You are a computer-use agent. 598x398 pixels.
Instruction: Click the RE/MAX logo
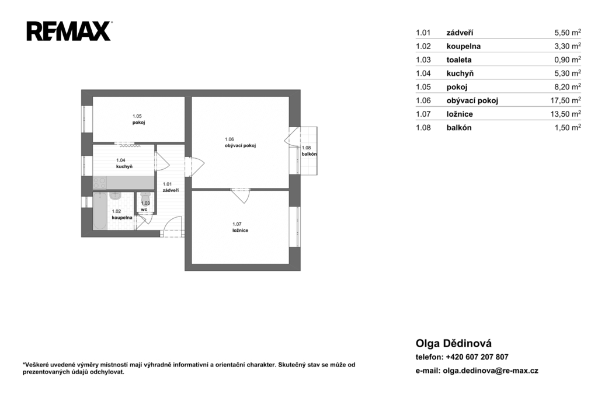[x=69, y=32]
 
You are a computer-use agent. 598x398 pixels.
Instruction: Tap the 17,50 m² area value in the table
[x=568, y=100]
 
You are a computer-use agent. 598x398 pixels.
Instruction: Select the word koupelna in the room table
[x=463, y=47]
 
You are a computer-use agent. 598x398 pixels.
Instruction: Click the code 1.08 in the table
[x=423, y=128]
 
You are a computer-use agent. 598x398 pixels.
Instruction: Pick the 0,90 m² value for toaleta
[x=568, y=60]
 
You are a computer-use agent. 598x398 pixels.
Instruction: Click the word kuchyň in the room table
[x=460, y=73]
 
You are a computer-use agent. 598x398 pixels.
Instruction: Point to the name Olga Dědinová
[x=453, y=343]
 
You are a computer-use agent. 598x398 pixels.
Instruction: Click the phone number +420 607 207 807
[x=477, y=357]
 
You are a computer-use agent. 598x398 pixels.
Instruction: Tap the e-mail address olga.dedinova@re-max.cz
[x=491, y=371]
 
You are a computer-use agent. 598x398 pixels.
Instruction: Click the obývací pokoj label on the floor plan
[x=240, y=146]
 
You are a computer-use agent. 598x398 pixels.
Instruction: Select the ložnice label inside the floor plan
[x=240, y=231]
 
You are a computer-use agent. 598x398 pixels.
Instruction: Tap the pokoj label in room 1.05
[x=139, y=123]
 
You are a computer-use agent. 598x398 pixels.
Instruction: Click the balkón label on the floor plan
[x=310, y=154]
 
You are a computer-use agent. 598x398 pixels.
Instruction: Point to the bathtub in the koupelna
[x=100, y=211]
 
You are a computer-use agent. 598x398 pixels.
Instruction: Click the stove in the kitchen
[x=99, y=183]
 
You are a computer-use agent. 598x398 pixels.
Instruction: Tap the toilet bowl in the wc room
[x=145, y=198]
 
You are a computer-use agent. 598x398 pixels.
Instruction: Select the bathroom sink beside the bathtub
[x=115, y=196]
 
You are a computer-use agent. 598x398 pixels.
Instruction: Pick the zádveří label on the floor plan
[x=171, y=190]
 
